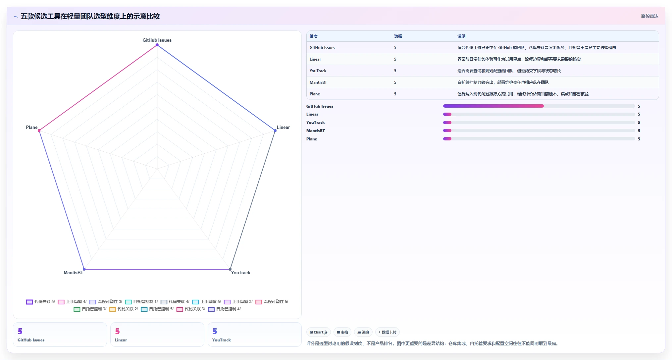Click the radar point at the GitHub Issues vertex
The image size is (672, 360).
(157, 45)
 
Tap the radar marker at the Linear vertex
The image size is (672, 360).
(275, 130)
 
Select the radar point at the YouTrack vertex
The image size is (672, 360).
(230, 269)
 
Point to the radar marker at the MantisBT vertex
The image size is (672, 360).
(84, 269)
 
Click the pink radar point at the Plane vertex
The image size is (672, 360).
(39, 130)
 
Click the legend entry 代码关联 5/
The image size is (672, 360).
(40, 302)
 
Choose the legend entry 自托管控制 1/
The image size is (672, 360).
(141, 302)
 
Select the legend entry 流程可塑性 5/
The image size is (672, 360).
(272, 302)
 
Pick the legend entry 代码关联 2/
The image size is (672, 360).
(124, 309)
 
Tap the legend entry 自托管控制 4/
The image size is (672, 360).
(224, 309)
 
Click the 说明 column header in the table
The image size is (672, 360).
(461, 36)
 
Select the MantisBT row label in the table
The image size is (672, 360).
(318, 82)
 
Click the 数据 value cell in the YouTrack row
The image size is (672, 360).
(395, 71)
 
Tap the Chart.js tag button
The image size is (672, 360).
(319, 332)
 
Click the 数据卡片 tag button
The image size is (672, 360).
(388, 332)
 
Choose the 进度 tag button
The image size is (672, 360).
(363, 332)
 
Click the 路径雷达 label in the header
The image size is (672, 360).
(649, 16)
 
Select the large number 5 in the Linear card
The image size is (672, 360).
(117, 331)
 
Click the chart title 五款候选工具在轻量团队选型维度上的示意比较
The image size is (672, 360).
(90, 16)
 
